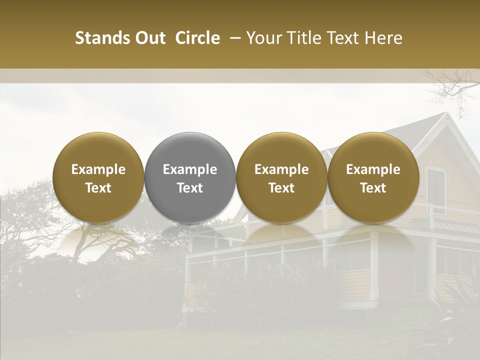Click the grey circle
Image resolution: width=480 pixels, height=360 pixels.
pyautogui.click(x=190, y=177)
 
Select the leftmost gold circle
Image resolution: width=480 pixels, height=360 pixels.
pyautogui.click(x=98, y=177)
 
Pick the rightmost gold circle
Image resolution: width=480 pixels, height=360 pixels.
pyautogui.click(x=373, y=177)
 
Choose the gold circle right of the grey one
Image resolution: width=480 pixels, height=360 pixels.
pyautogui.click(x=281, y=177)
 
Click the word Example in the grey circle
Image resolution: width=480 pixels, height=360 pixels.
pyautogui.click(x=190, y=169)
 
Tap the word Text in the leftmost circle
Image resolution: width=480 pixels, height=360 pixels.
pyautogui.click(x=98, y=188)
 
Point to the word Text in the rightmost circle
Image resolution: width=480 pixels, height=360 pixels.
pyautogui.click(x=373, y=188)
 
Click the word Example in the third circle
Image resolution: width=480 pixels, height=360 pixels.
pyautogui.click(x=281, y=169)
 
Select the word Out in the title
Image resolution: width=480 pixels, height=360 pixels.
pyautogui.click(x=150, y=38)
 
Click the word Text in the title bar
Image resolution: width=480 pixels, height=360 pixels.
pyautogui.click(x=341, y=38)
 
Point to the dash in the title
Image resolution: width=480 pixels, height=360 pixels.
pyautogui.click(x=233, y=38)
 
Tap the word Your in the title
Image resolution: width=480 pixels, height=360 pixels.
pyautogui.click(x=262, y=38)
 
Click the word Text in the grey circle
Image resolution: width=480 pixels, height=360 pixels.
pyautogui.click(x=190, y=188)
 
